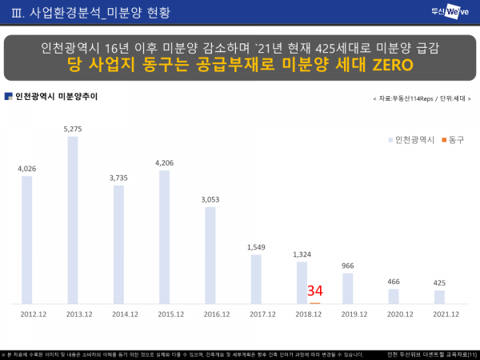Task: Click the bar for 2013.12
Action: pyautogui.click(x=73, y=220)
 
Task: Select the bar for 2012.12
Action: pyautogui.click(x=27, y=240)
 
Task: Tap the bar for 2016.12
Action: pyautogui.click(x=210, y=256)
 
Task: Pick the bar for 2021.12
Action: pyautogui.click(x=439, y=297)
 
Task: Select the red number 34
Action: pyautogui.click(x=314, y=291)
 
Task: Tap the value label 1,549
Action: pyautogui.click(x=256, y=247)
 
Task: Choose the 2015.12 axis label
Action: pyautogui.click(x=164, y=314)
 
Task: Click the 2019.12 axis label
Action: pyautogui.click(x=348, y=314)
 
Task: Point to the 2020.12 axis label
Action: pyautogui.click(x=394, y=314)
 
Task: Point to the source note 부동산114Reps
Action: pyautogui.click(x=416, y=98)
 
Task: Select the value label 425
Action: pyautogui.click(x=439, y=282)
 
